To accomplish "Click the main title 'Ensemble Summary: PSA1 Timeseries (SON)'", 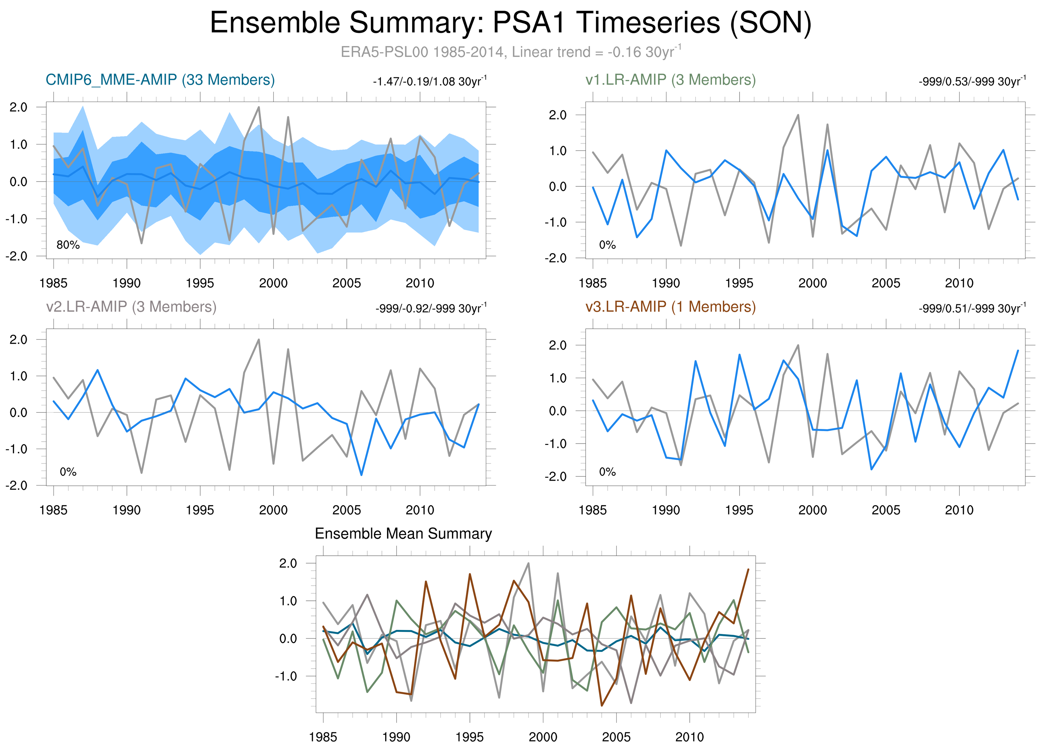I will coord(510,23).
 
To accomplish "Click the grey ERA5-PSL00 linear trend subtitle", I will coord(510,52).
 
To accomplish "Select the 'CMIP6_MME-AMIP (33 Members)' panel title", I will coord(160,80).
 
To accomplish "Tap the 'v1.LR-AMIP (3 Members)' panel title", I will coord(670,80).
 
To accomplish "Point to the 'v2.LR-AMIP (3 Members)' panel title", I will coord(131,306).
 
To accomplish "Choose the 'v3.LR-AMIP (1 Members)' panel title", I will coord(670,306).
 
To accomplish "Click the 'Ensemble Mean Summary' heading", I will coord(403,534).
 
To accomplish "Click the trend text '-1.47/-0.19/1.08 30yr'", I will coord(429,82).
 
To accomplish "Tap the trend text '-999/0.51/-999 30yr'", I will coord(972,308).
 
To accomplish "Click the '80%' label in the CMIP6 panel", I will coord(68,245).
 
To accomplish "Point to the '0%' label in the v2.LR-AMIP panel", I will coord(68,472).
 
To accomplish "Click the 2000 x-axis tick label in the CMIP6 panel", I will coord(273,283).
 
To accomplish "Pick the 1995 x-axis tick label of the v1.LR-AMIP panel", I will coord(739,283).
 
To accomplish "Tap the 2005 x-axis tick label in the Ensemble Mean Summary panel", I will coord(616,737).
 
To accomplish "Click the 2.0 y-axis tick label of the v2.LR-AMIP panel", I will coord(18,340).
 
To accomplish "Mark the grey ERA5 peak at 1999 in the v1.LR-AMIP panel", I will coord(798,115).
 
